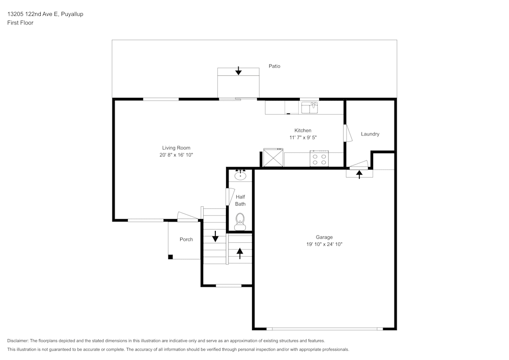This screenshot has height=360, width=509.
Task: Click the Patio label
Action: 274,66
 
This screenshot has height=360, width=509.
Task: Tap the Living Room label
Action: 176,148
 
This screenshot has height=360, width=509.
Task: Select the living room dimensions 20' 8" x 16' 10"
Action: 176,155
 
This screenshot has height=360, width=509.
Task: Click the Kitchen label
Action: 303,130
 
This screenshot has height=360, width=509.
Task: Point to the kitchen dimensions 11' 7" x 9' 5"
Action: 303,137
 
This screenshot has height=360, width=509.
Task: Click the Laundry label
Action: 370,134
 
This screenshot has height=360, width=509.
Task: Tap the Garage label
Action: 324,237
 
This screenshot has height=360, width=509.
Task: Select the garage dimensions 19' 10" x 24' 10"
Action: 324,244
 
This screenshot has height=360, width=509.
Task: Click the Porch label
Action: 186,239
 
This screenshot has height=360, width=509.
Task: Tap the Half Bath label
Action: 240,200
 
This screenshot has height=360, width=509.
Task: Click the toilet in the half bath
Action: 240,220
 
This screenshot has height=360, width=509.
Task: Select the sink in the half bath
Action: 240,176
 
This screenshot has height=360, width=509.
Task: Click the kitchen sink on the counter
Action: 309,107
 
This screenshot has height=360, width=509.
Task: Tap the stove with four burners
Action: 320,159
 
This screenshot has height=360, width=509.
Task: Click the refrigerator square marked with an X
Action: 273,157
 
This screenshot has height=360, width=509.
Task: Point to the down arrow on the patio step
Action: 238,71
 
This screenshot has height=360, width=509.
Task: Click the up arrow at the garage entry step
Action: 359,174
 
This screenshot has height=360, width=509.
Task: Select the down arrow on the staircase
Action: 215,236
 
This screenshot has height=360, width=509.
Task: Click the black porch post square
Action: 171,257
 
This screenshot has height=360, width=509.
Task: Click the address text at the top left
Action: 45,14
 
